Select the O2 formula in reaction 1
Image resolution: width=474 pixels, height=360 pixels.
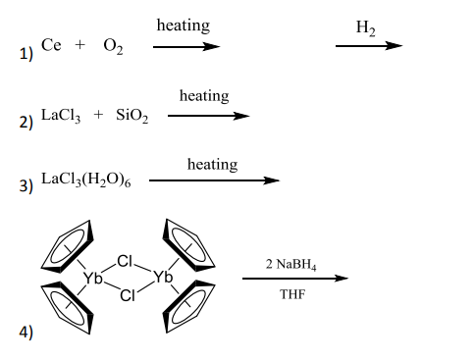point(113,48)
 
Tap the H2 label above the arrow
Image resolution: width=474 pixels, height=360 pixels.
point(367,29)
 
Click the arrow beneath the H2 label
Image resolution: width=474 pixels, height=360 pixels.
point(368,46)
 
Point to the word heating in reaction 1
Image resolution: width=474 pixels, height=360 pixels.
point(183,26)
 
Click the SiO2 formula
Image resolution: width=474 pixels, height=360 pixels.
point(132,116)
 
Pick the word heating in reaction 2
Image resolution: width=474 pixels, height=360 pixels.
point(204,96)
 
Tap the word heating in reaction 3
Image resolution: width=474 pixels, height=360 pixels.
point(212,164)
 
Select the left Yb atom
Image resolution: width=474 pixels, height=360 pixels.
point(93,279)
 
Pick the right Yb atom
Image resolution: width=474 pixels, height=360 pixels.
point(163,279)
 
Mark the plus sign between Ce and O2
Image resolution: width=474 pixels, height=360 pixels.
point(80,46)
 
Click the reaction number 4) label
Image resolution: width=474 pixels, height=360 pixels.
point(26,332)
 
